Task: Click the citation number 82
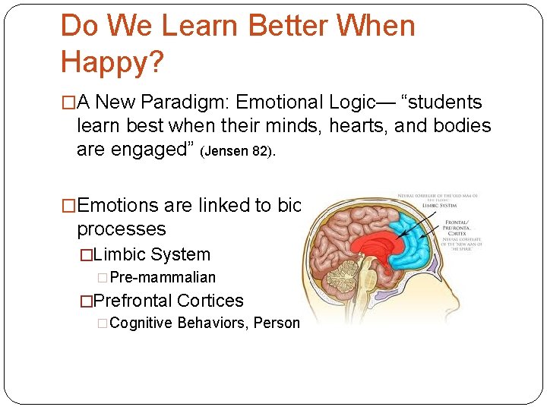261,150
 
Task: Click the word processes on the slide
121,229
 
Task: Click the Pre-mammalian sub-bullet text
163,278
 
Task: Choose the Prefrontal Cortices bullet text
166,301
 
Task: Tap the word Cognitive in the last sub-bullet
141,323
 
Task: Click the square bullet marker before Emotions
68,206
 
